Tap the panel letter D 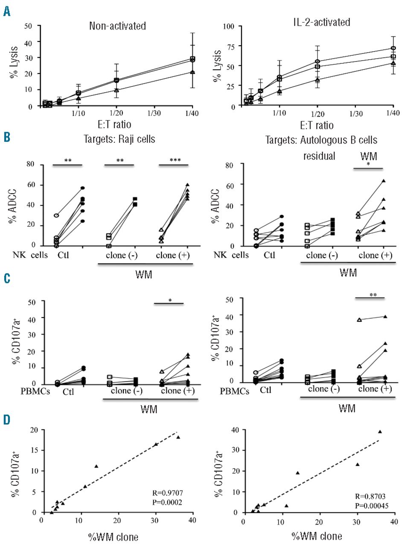[7, 421]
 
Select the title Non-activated [117, 26]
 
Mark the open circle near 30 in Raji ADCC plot [56, 215]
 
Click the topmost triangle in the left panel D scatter [178, 437]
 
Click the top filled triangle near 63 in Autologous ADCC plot [384, 181]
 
